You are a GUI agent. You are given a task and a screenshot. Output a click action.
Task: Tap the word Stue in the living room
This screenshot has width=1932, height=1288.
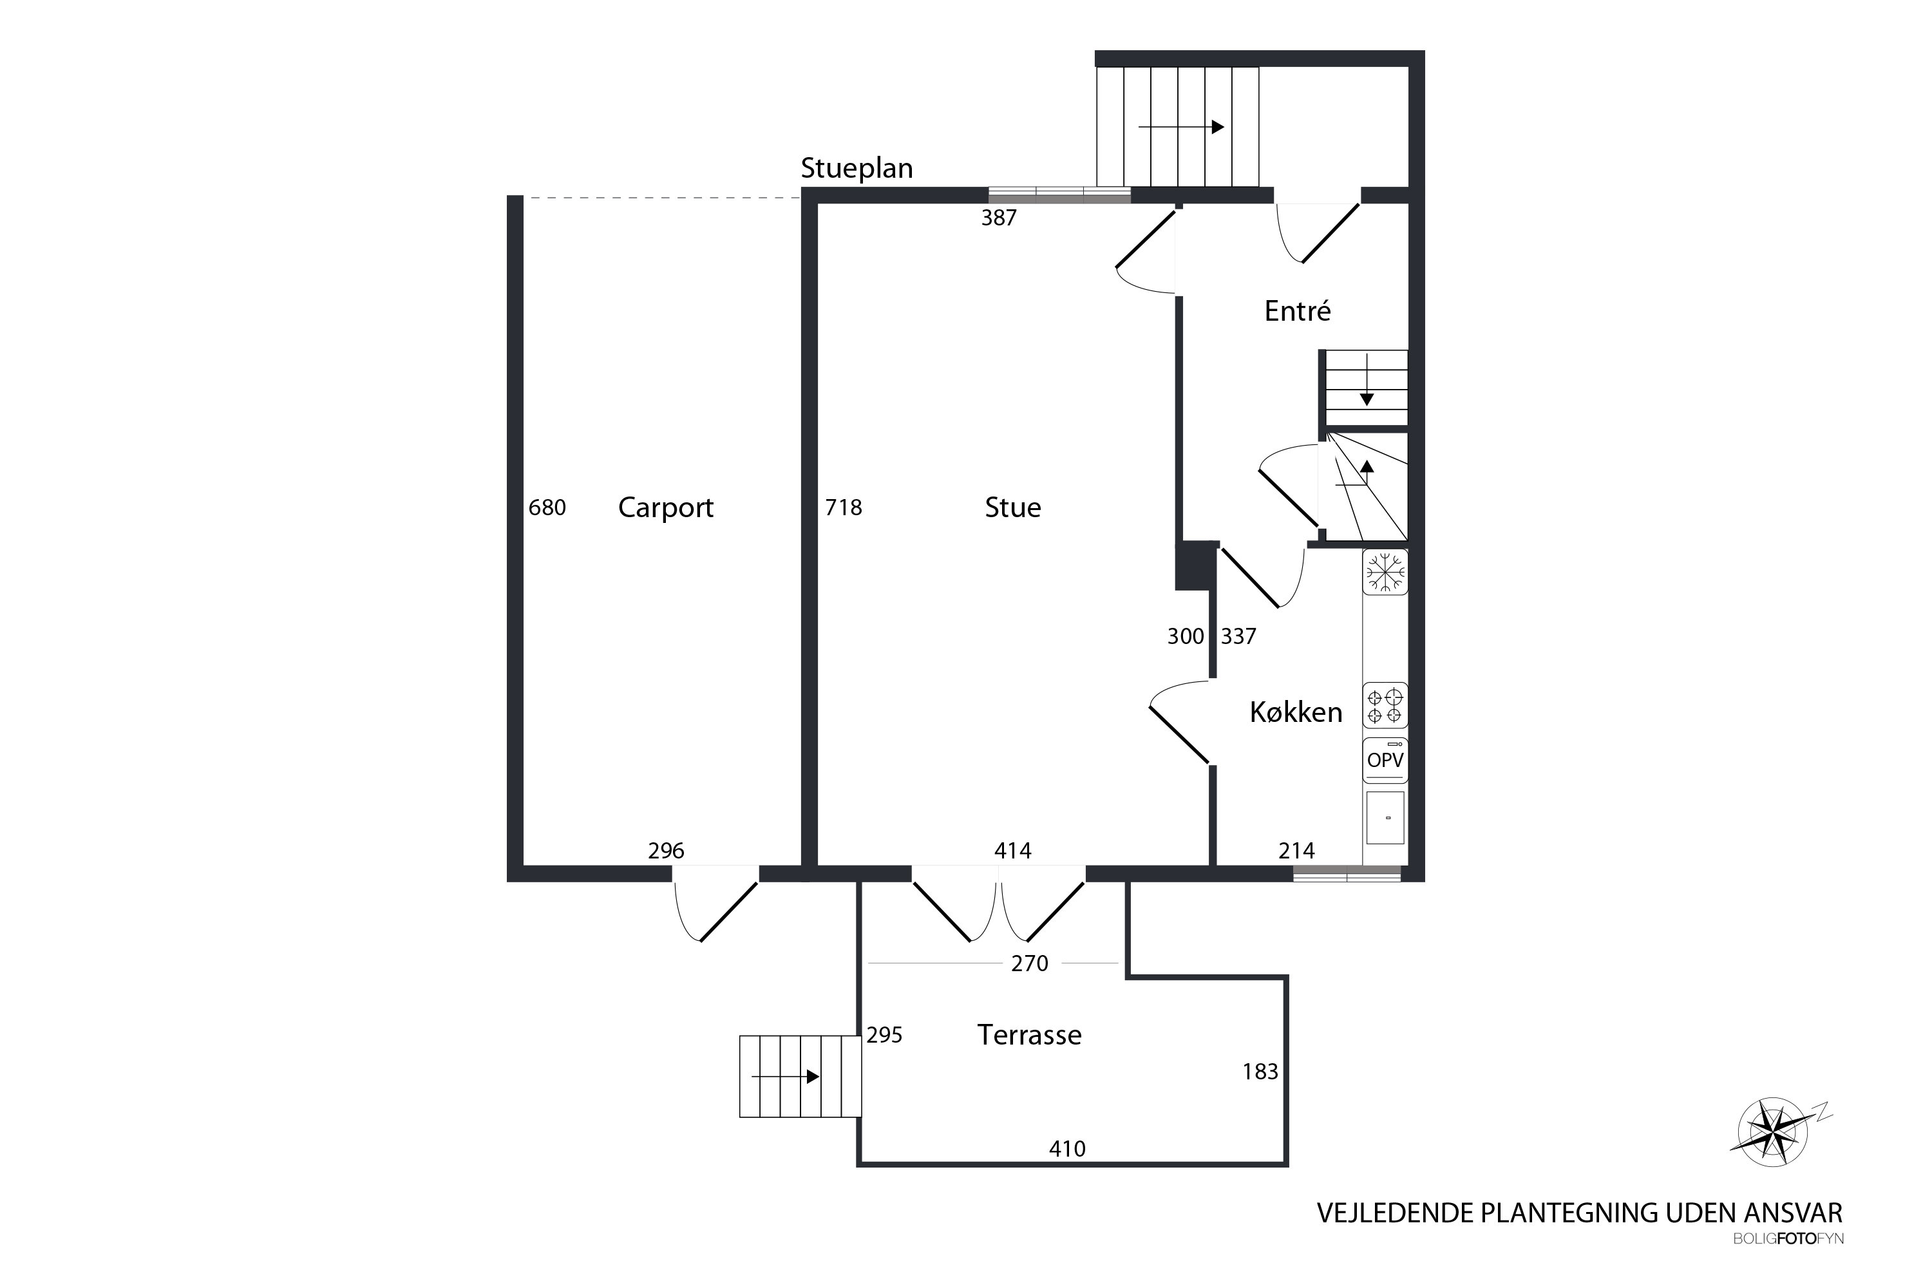click(1013, 507)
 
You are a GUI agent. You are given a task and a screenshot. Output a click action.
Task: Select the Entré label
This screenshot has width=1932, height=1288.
click(1297, 310)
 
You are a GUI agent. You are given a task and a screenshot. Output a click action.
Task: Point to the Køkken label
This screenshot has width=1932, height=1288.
click(1296, 712)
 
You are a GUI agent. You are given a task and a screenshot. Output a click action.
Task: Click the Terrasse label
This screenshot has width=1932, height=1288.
click(1029, 1034)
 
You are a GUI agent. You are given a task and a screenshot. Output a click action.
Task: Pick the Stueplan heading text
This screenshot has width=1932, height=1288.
click(857, 168)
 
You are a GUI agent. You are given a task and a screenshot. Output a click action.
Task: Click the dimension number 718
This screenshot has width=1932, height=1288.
click(844, 507)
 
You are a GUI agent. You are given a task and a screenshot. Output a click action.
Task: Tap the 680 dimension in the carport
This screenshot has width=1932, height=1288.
click(547, 507)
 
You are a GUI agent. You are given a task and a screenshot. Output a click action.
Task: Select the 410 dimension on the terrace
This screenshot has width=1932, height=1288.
click(1067, 1148)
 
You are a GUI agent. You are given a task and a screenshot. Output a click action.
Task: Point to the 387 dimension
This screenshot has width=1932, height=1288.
click(999, 218)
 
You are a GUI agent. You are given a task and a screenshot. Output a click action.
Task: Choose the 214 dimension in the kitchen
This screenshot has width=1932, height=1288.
click(1296, 850)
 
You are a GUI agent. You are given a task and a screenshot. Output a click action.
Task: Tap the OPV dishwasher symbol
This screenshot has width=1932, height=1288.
click(1385, 760)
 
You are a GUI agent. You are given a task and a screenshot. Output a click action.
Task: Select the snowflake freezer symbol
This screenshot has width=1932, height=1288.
click(1385, 572)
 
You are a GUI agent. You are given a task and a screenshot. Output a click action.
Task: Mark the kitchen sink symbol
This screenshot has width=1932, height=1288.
click(1385, 817)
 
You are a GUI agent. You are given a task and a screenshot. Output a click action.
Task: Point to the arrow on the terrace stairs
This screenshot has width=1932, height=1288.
click(785, 1076)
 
